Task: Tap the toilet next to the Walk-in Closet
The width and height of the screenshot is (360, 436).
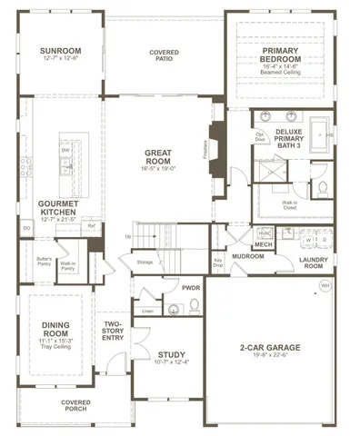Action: pyautogui.click(x=324, y=188)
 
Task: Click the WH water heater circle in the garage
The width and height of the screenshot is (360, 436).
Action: pyautogui.click(x=325, y=287)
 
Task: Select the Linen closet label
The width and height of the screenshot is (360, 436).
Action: pyautogui.click(x=147, y=311)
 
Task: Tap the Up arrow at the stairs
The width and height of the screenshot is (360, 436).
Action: pyautogui.click(x=128, y=235)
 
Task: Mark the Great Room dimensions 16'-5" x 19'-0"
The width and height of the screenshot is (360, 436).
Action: pyautogui.click(x=164, y=168)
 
